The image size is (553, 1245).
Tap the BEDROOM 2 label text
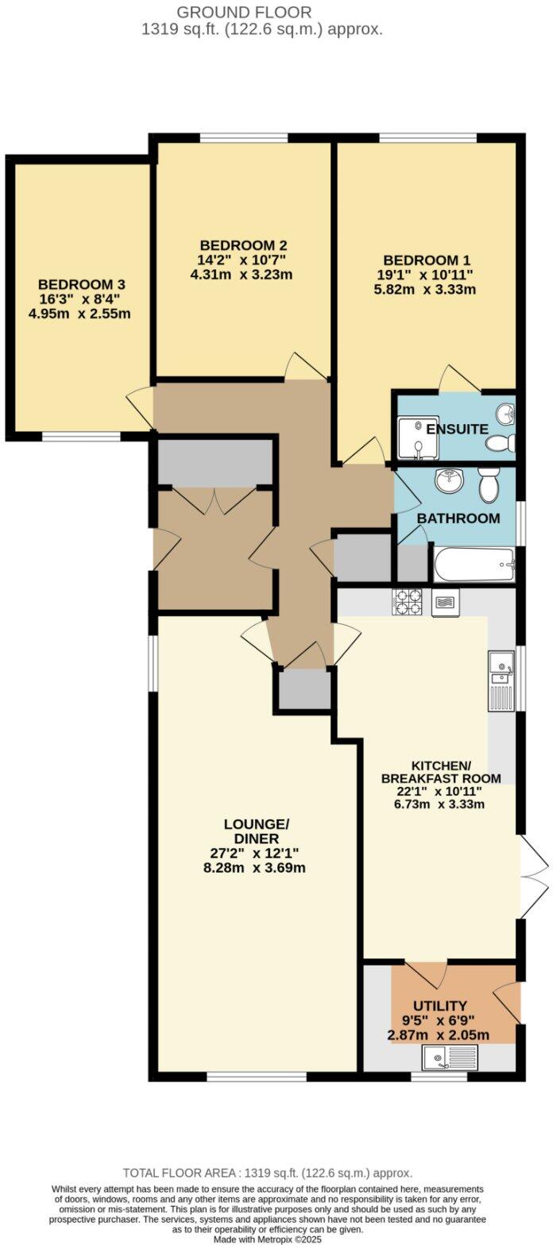coord(243,245)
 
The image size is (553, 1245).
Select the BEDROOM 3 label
coord(82,284)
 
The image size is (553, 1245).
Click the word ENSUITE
coord(457,430)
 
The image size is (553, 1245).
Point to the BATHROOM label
coord(459,518)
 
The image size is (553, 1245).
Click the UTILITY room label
coord(439,1006)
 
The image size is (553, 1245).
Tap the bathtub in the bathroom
coord(474,565)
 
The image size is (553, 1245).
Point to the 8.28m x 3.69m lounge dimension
coord(254,868)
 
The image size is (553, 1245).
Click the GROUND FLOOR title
coord(244,13)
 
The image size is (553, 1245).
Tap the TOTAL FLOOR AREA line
coord(268,1173)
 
